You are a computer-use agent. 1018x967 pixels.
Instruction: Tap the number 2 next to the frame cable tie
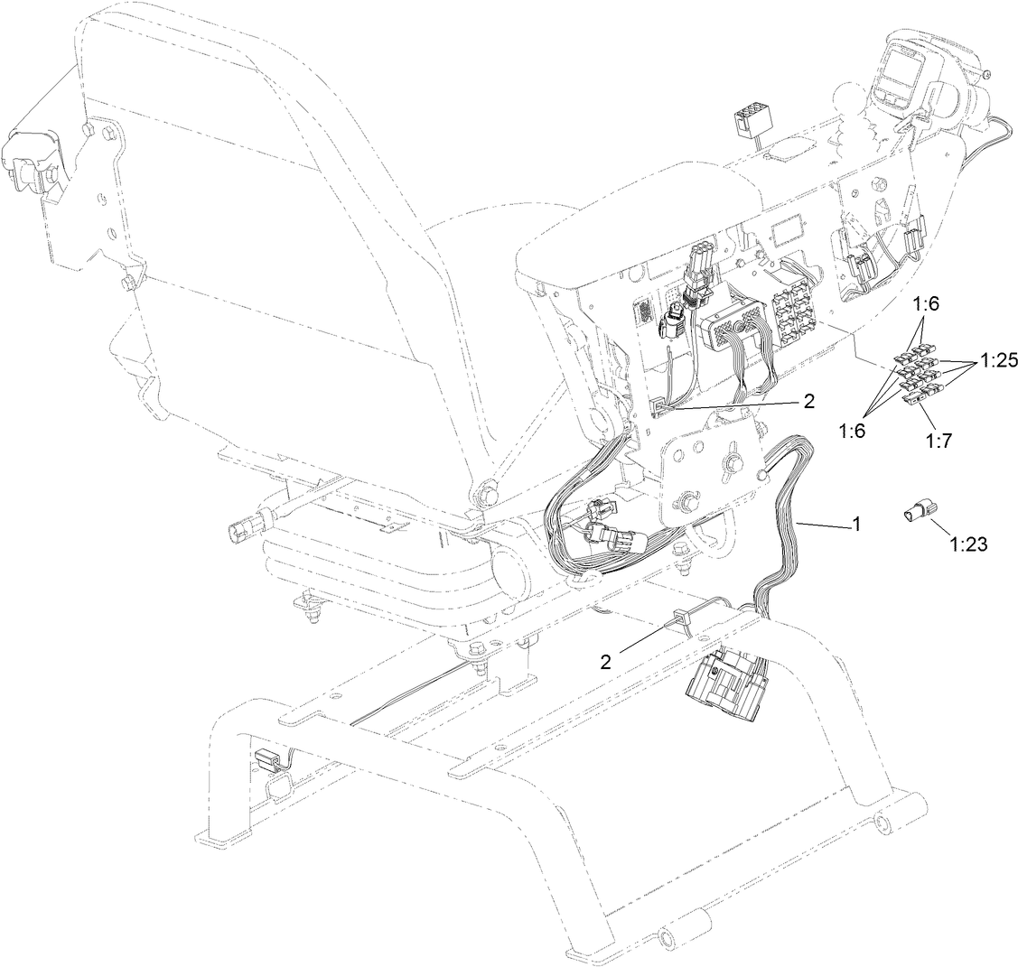coord(606,662)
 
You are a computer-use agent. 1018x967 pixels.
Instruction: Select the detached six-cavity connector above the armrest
coord(748,119)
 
